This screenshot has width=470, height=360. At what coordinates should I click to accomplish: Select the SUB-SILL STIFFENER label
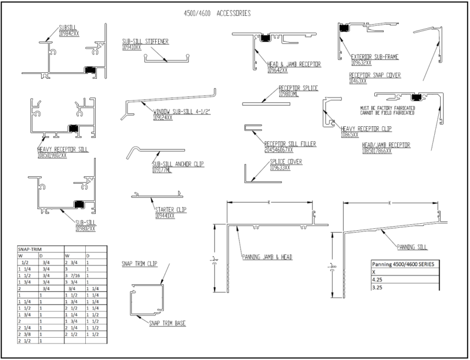coord(143,41)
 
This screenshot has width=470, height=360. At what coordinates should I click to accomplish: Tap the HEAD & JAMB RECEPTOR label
coord(295,65)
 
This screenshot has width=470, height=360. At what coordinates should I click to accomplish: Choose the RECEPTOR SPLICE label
coord(298,88)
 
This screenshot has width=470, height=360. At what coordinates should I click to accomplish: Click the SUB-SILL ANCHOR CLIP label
coord(177,164)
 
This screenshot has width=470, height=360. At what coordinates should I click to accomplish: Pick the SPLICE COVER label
coord(286,161)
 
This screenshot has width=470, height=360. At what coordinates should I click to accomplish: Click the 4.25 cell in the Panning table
coord(377,280)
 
